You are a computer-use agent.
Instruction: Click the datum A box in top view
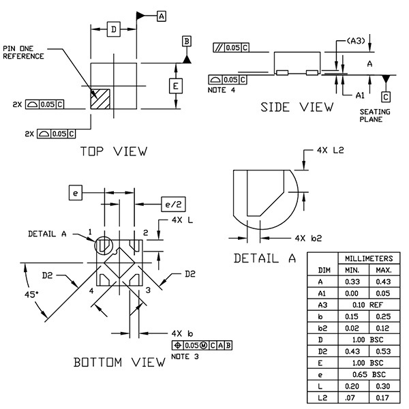pyautogui.click(x=161, y=14)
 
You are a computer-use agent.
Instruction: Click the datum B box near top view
pyautogui.click(x=186, y=42)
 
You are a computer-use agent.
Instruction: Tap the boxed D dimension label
pyautogui.click(x=115, y=29)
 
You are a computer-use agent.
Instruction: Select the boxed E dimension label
pyautogui.click(x=175, y=86)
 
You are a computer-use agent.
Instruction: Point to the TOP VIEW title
pyautogui.click(x=113, y=151)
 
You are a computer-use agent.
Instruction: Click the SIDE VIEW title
pyautogui.click(x=298, y=107)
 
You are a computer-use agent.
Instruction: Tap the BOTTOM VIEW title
pyautogui.click(x=119, y=363)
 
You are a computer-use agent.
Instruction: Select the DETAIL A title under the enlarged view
pyautogui.click(x=265, y=258)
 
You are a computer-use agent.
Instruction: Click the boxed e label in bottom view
pyautogui.click(x=76, y=194)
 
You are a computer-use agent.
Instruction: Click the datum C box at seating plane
pyautogui.click(x=387, y=97)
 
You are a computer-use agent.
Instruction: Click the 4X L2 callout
pyautogui.click(x=329, y=150)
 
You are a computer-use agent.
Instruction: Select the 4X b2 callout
pyautogui.click(x=308, y=239)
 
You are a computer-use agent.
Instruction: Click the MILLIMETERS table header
pyautogui.click(x=368, y=259)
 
